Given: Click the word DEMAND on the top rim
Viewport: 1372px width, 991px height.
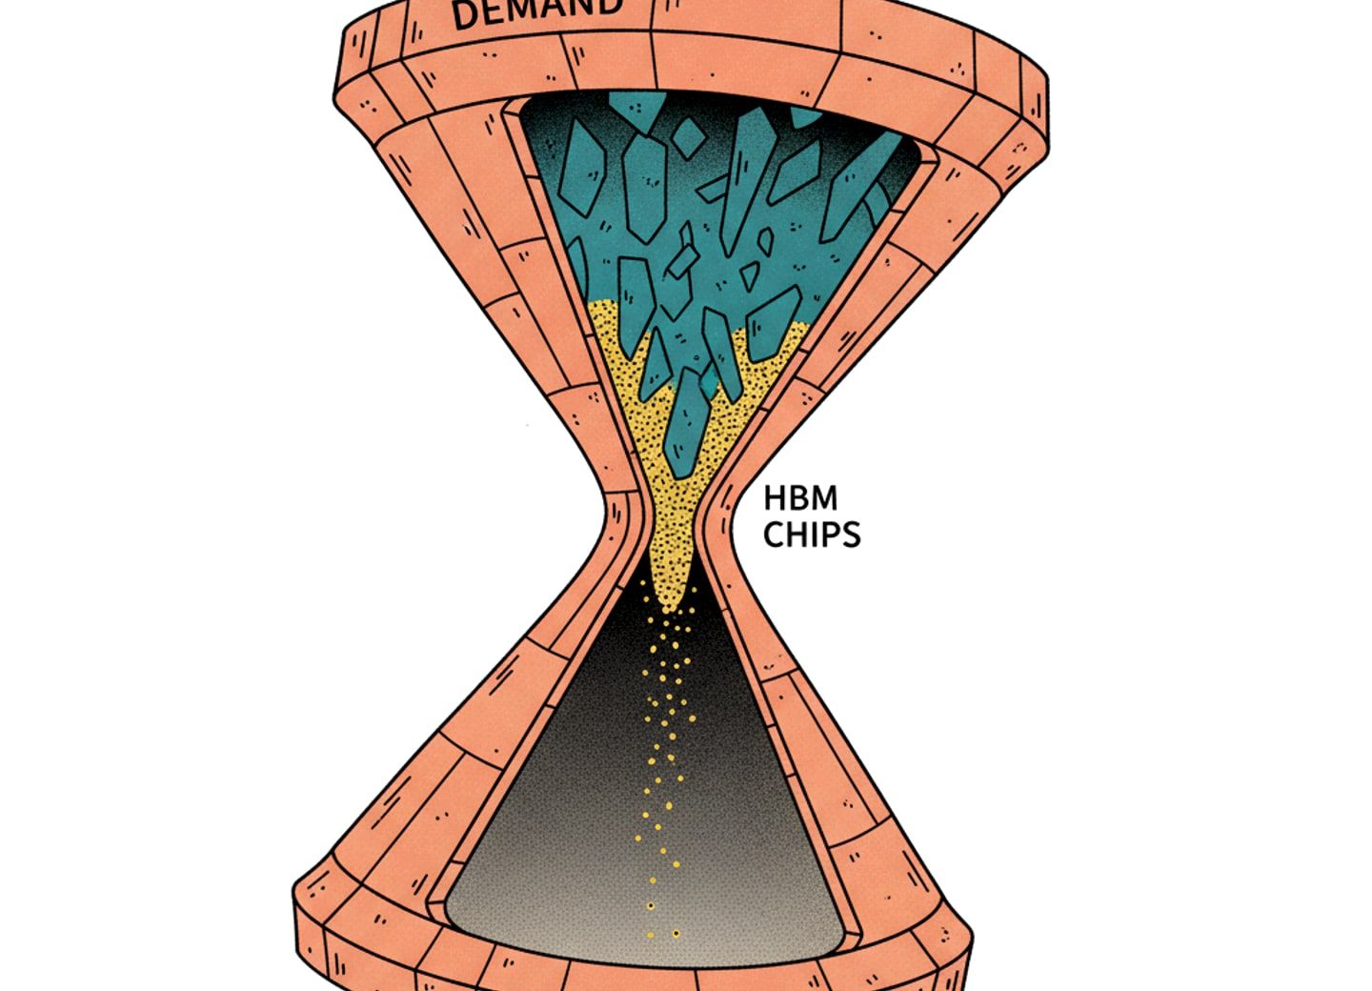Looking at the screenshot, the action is (536, 12).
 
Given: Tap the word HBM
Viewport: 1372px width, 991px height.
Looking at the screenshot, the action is (800, 498).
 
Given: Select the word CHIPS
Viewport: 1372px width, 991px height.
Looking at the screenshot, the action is (812, 535).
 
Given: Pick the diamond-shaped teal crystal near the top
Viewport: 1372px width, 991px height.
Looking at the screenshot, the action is (688, 138).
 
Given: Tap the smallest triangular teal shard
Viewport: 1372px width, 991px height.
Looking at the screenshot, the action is (749, 275).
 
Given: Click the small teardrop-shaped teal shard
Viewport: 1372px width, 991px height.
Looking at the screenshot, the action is (765, 241).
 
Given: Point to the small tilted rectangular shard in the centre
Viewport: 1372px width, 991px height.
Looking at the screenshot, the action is (682, 261).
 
